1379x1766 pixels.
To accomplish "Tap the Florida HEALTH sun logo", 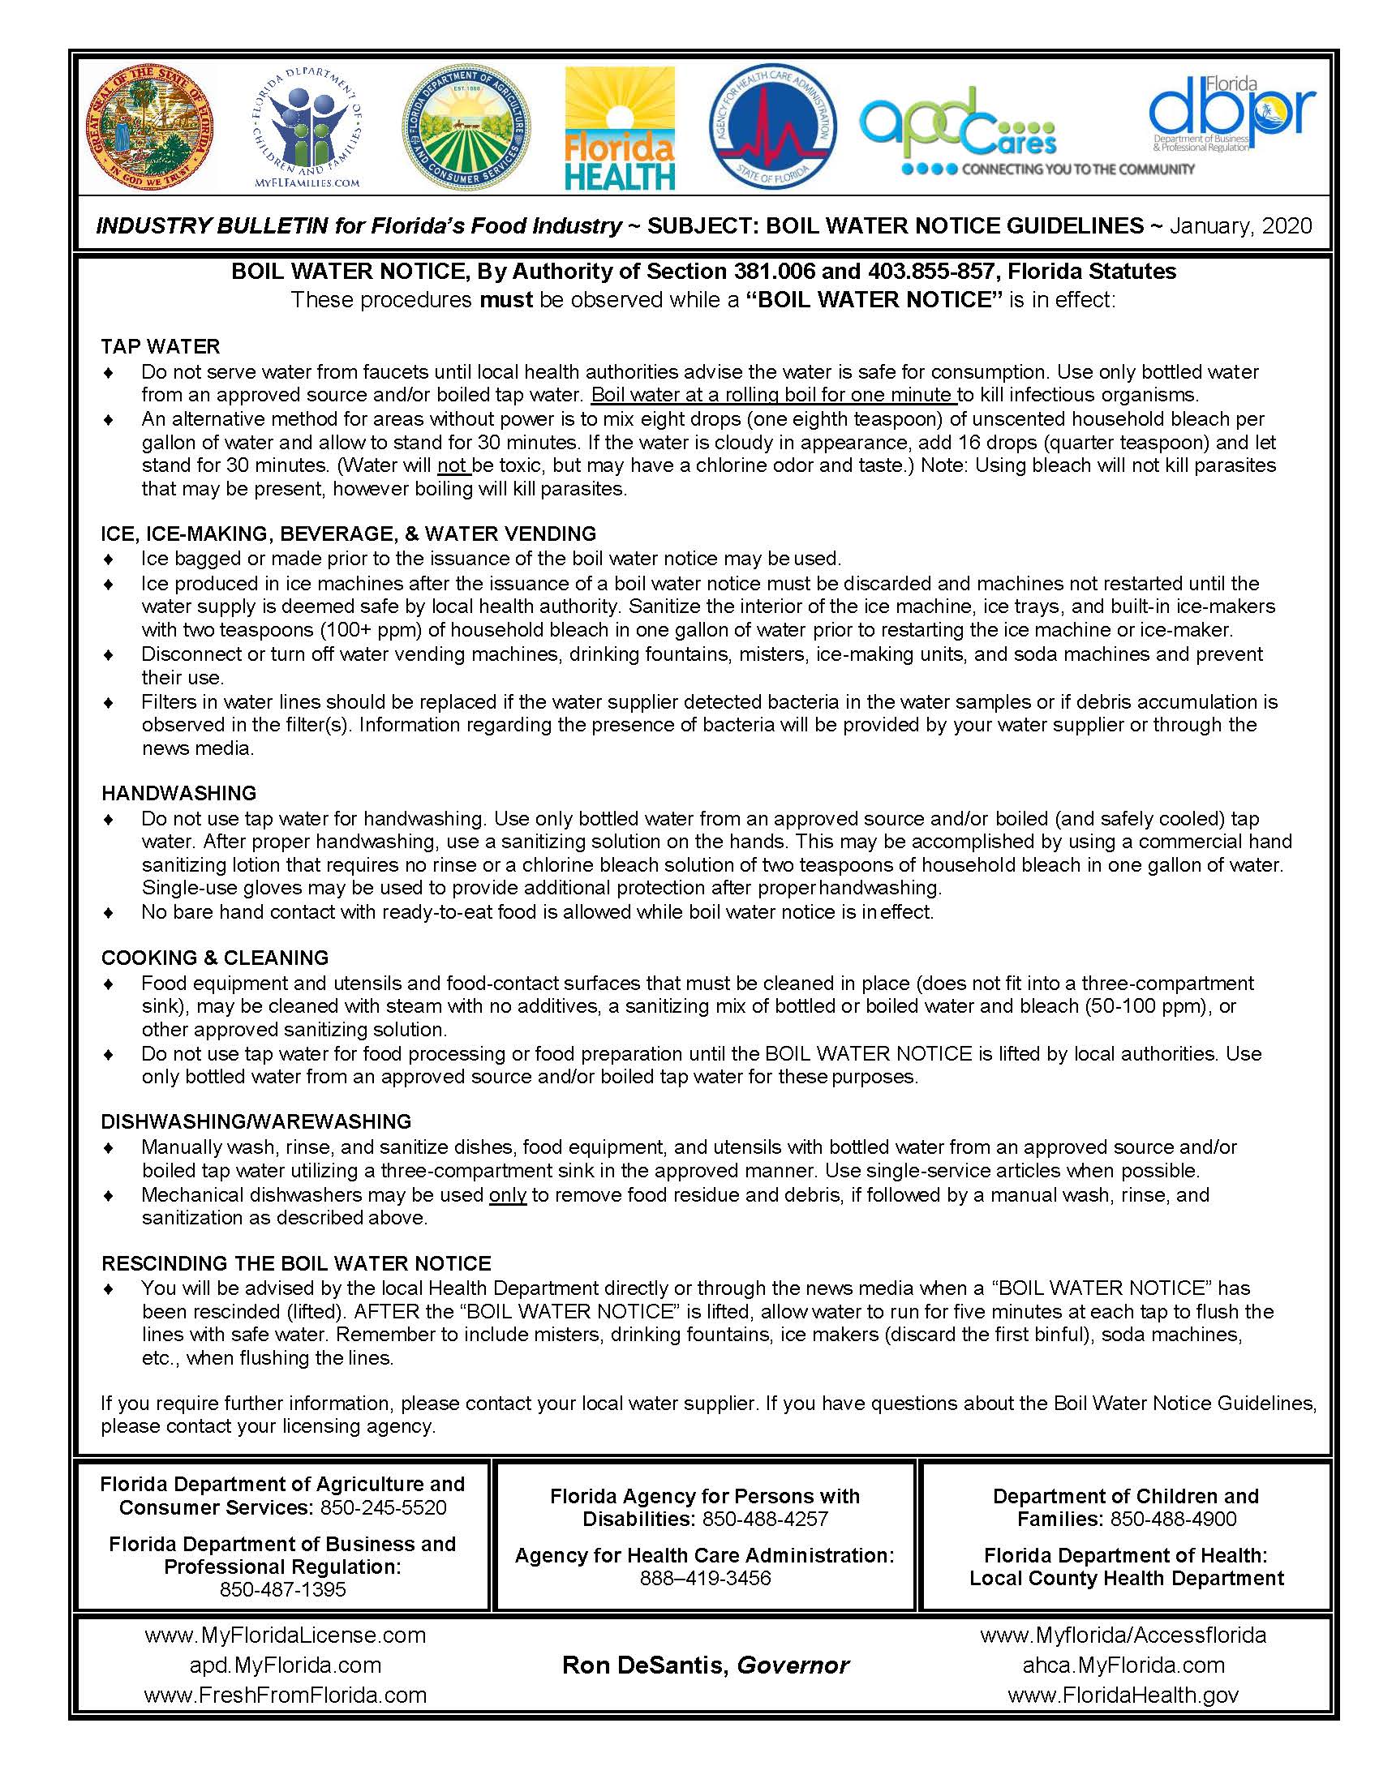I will [620, 129].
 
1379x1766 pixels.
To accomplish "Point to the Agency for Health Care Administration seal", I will [772, 127].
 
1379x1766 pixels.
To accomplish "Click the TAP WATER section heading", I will [161, 346].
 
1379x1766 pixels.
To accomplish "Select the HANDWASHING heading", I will [178, 792].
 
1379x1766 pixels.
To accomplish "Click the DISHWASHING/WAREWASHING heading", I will [256, 1121].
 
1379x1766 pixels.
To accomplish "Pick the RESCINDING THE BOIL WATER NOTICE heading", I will [296, 1263].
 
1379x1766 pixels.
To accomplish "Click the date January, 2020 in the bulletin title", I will [1240, 225].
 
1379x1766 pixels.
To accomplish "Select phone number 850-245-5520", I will [384, 1507].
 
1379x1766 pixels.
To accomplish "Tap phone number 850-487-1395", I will [282, 1589].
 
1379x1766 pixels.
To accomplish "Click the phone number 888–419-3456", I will [705, 1578].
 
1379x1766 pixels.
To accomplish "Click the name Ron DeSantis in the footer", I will [646, 1665].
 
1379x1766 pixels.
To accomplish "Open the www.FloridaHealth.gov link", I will [1123, 1695].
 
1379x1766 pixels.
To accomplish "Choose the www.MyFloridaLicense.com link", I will [285, 1635].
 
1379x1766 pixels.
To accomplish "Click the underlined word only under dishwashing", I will [508, 1194].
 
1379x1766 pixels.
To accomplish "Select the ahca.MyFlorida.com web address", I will [1123, 1665].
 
